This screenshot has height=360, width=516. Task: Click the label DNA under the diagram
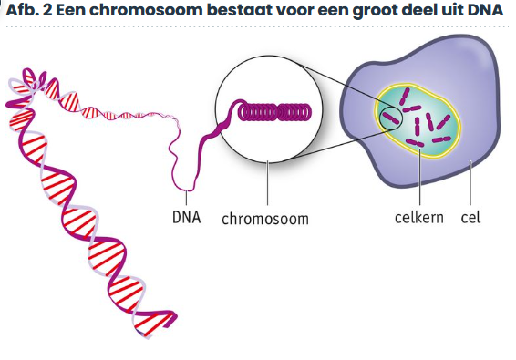coord(187,217)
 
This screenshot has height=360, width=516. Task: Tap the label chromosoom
coord(265,219)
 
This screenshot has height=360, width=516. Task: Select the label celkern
coord(419,217)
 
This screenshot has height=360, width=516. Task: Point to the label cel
coord(470,217)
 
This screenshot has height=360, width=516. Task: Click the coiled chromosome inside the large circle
coord(274,112)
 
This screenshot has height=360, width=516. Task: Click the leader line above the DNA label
coord(186,198)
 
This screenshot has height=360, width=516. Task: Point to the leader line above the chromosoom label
coord(267,183)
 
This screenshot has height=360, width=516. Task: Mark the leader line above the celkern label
coord(420,177)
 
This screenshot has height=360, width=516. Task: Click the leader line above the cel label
coord(470,183)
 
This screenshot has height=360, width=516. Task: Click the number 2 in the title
coord(47,10)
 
